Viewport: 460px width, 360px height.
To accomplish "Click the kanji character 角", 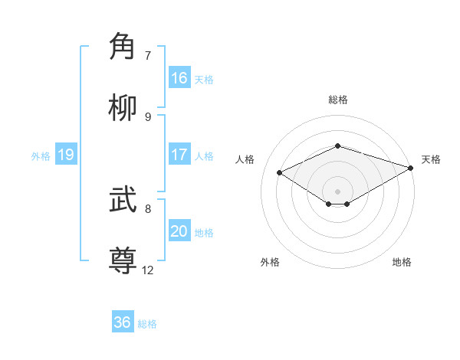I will point(124,47).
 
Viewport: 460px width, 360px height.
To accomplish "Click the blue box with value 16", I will point(179,78).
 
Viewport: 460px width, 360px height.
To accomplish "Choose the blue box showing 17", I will point(179,155).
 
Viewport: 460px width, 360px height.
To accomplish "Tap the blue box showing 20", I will point(179,231).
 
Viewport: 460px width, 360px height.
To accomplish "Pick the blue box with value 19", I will point(65,155).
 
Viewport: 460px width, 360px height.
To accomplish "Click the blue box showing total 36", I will point(123,322).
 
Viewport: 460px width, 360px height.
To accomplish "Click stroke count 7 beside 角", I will point(148,56).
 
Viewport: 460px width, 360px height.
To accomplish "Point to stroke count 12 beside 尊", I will point(148,270).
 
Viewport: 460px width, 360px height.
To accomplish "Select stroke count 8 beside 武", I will point(148,208).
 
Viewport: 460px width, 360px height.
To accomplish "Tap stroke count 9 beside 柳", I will point(148,117).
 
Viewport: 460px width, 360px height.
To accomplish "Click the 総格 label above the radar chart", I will point(338,100).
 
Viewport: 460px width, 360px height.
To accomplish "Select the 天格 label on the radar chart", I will point(431,159).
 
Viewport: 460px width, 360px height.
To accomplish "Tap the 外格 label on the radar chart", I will point(270,262).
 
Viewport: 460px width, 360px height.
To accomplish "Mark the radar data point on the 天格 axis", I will point(412,167).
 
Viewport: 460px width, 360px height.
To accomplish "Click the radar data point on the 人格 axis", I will point(280,172).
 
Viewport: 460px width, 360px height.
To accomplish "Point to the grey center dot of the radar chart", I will point(338,191).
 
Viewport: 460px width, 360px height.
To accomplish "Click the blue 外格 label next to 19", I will point(41,155).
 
